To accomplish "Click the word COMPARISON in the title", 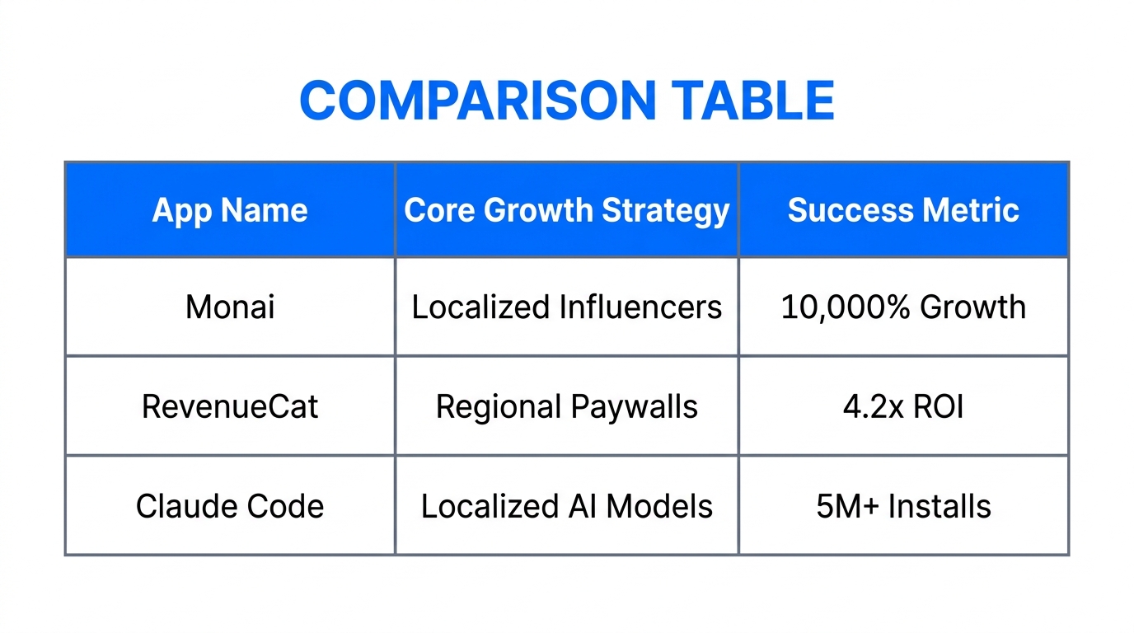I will point(477,101).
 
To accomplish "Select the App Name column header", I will point(230,210).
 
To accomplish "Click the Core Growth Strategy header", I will point(567,210).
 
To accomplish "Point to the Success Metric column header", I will point(903,210).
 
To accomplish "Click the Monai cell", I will point(230,307).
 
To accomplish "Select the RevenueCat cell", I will point(230,406).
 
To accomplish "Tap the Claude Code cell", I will point(230,505).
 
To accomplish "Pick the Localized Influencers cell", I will point(567,307).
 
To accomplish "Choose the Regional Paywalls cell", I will point(567,406).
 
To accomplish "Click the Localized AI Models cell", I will point(567,505).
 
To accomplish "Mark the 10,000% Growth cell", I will point(903,307).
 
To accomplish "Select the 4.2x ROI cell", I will point(903,406).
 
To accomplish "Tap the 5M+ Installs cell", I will point(903,505).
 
